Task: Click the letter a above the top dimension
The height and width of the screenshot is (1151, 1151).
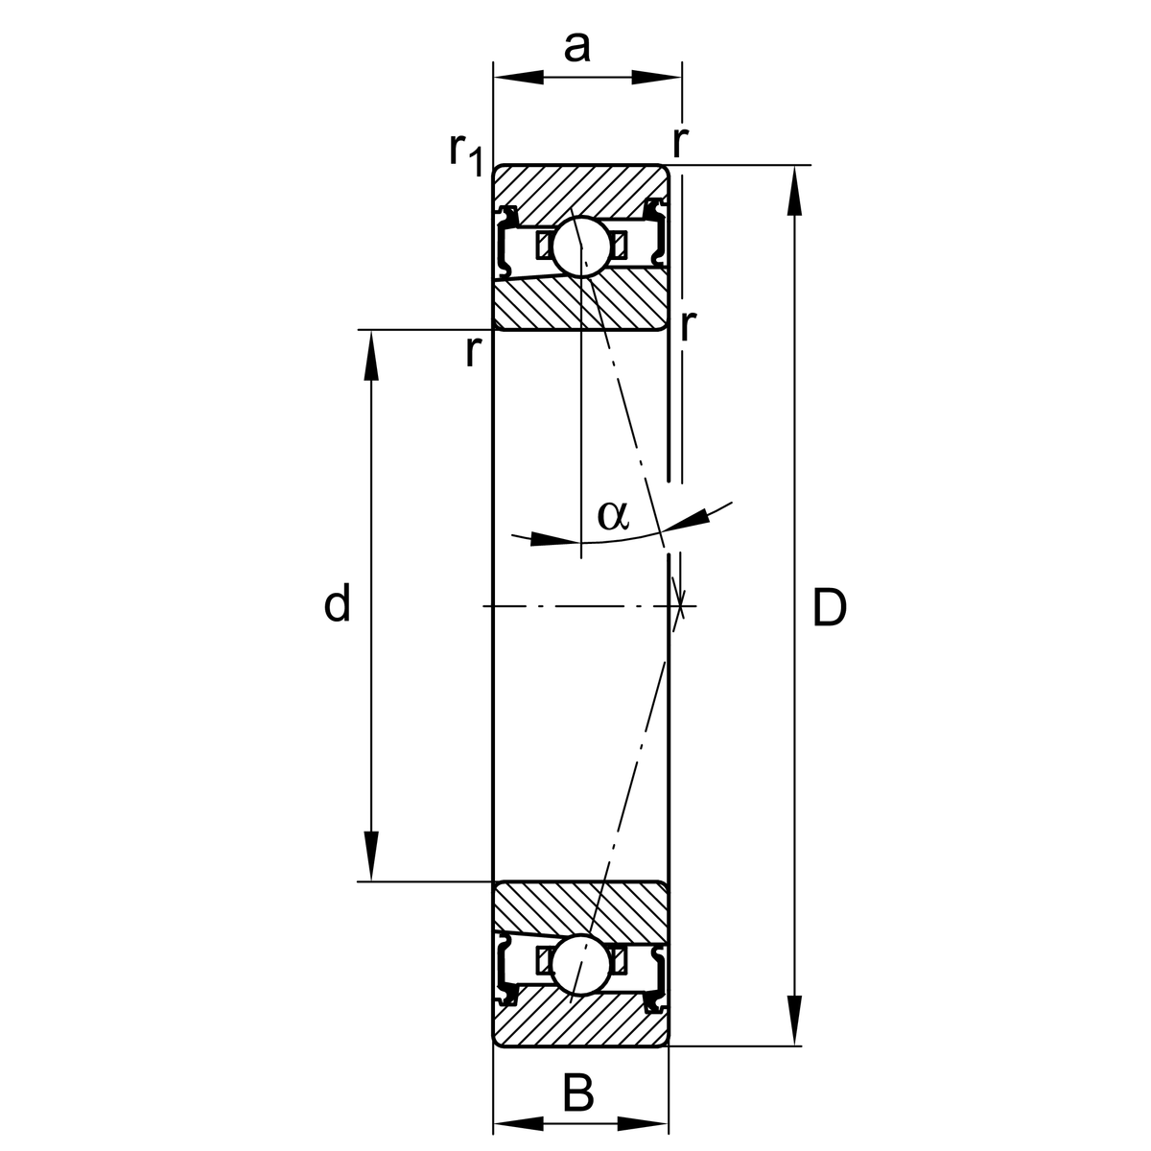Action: pos(576,45)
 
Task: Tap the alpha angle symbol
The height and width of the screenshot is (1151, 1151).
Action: pos(613,515)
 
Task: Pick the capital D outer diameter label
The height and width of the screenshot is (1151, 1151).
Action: pos(829,608)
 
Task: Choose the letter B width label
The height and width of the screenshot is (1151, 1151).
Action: pos(577,1092)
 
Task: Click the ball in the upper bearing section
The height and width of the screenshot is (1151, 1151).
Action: pos(581,246)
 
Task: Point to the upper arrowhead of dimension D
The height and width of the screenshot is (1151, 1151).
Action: pos(794,191)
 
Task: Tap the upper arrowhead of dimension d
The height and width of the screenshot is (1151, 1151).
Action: pos(371,356)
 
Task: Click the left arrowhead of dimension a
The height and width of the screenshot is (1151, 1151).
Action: pos(518,77)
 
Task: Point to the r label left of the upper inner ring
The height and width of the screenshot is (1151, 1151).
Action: pos(471,352)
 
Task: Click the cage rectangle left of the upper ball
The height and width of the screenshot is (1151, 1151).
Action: pos(544,244)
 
